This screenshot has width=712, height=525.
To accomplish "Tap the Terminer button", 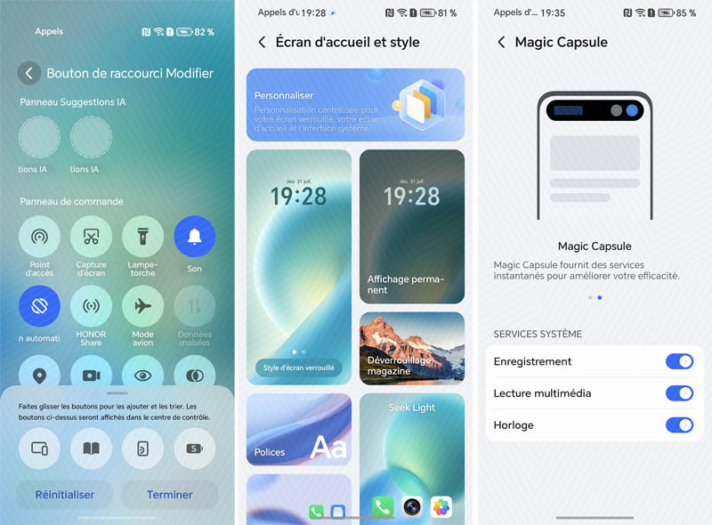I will click(x=169, y=495).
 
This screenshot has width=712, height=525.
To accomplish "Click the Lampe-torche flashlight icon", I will click(x=142, y=237).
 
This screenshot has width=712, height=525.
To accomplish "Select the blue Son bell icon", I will click(x=194, y=237).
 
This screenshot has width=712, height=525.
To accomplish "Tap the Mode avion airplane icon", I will click(x=142, y=306).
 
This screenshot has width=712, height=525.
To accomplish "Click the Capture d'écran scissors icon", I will click(x=91, y=237).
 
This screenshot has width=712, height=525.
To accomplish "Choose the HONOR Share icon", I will click(x=91, y=306).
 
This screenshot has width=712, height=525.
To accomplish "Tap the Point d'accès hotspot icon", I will click(x=39, y=237).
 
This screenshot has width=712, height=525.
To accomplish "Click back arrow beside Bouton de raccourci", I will click(x=29, y=73).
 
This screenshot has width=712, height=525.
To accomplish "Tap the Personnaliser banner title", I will click(x=284, y=95).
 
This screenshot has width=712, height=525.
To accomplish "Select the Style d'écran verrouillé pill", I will click(x=299, y=367).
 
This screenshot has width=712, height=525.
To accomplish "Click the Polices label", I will click(x=270, y=452).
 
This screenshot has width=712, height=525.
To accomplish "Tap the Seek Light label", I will click(x=411, y=408).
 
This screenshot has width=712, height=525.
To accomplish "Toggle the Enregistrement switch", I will click(x=679, y=361).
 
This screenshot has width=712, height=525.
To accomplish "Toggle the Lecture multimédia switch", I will click(x=679, y=393).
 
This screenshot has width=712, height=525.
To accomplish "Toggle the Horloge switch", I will click(x=679, y=425).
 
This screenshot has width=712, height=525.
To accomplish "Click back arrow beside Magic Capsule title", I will click(x=501, y=42).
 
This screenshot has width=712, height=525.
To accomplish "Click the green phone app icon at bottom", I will click(x=383, y=506).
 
